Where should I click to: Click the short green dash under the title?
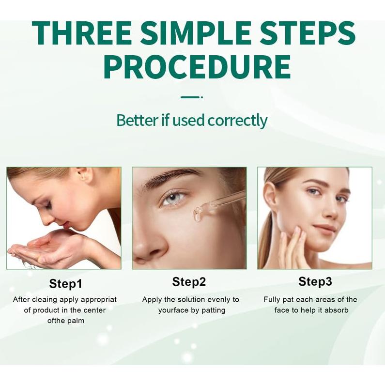[x=190, y=97]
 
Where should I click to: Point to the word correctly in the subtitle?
[x=237, y=120]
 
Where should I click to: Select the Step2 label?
[x=189, y=282]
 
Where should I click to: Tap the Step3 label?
[x=315, y=282]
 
